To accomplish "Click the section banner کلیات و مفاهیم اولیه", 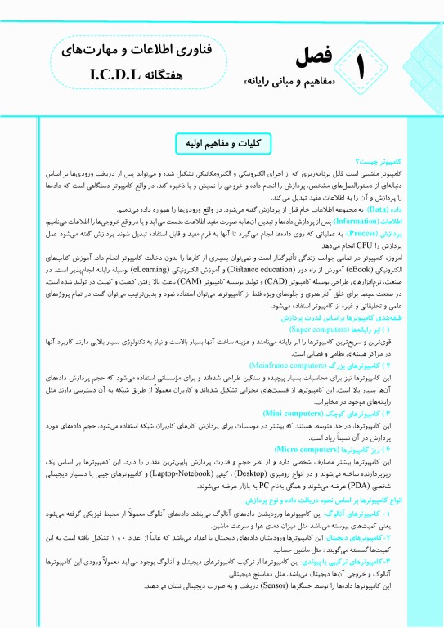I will click(x=222, y=142).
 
